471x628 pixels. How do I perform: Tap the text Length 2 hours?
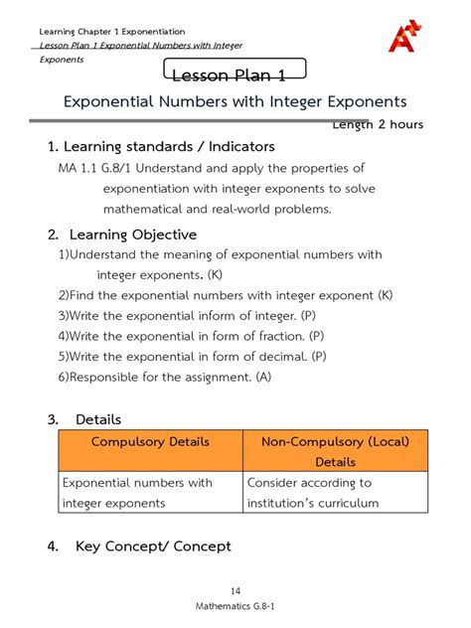click(x=378, y=124)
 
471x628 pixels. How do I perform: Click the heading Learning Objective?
click(x=133, y=235)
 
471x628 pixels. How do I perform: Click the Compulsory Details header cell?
click(x=150, y=441)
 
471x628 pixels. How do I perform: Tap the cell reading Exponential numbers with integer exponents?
click(x=138, y=493)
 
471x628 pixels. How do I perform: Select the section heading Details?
click(x=98, y=419)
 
